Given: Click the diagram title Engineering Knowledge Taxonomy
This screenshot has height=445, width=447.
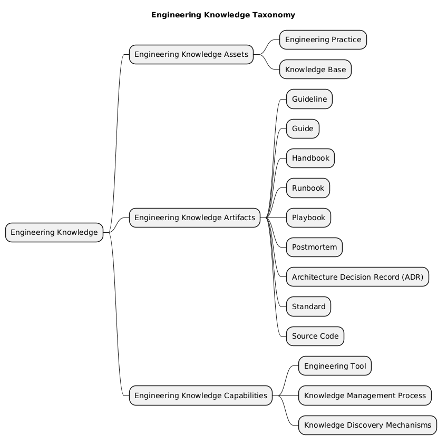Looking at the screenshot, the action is [223, 15].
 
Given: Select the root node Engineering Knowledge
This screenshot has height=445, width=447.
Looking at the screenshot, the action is [54, 232].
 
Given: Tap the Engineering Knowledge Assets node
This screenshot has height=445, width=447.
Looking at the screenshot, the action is [191, 54].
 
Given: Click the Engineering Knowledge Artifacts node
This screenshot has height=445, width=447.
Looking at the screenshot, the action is [195, 217].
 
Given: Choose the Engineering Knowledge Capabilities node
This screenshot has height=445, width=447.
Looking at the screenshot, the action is [201, 395].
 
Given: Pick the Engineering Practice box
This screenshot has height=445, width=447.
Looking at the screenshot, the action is [323, 39].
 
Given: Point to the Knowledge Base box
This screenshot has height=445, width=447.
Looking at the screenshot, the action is [315, 69].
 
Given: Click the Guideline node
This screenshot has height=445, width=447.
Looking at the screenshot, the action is [309, 99].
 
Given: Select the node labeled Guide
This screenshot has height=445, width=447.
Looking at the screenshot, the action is [303, 128].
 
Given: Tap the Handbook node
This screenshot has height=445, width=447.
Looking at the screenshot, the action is [310, 158].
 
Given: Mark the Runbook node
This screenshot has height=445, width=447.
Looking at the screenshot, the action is [308, 188].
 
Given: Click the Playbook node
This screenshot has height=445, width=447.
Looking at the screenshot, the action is [308, 217].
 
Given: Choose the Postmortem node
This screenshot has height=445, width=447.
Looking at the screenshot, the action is [314, 248].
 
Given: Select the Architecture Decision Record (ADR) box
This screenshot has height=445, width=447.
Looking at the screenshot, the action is [357, 277].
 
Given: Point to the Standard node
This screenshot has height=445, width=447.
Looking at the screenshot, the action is [308, 306].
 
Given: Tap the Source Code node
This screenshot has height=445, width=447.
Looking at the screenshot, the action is [315, 336].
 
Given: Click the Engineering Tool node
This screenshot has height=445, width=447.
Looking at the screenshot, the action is [335, 366].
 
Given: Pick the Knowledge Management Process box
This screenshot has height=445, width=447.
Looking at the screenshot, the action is [365, 395].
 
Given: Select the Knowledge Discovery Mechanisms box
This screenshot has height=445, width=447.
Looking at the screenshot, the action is [367, 425].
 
